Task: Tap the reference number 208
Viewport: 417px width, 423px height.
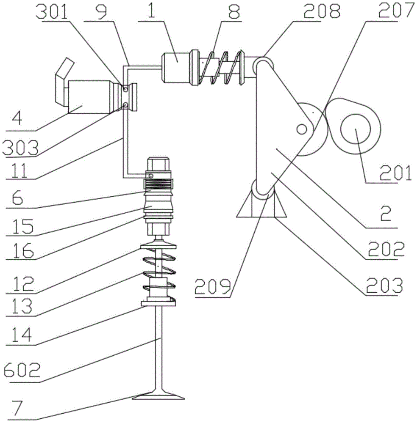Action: point(322,11)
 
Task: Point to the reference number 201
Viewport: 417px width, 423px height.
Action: point(396,173)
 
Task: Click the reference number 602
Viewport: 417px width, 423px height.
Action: point(22,370)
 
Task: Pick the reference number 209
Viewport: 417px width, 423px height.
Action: point(213,286)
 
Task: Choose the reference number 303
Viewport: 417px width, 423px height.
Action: point(20,148)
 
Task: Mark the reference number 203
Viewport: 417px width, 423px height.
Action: point(384,285)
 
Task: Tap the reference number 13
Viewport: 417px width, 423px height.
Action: point(22,306)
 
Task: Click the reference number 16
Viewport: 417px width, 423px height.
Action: point(23,250)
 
